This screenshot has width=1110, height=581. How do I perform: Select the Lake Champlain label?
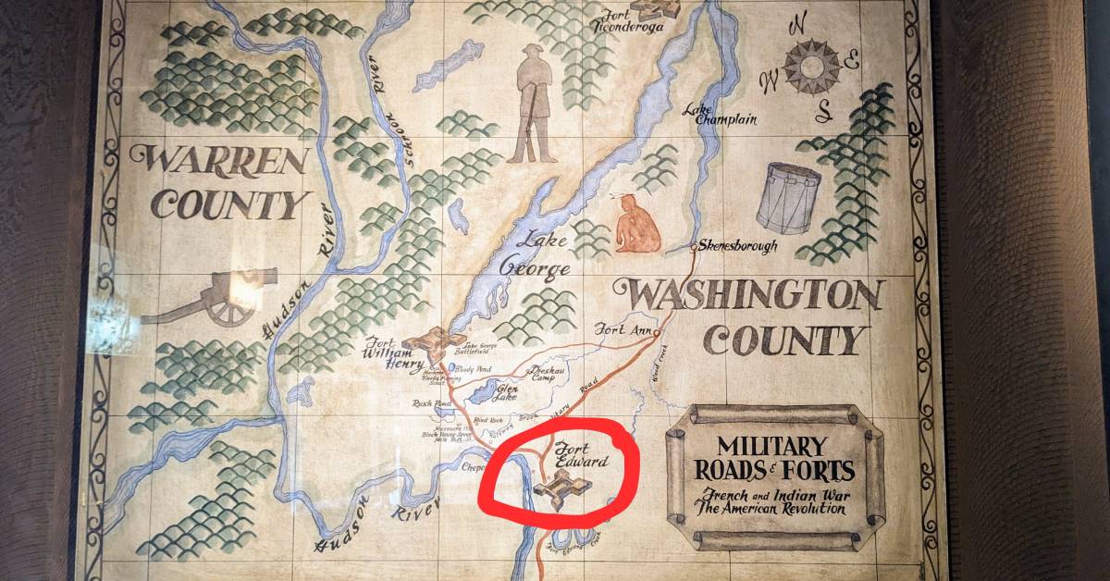coord(720,114)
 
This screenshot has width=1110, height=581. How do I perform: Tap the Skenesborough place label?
coord(737,247)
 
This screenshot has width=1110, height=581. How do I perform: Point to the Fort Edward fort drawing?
coord(561,485)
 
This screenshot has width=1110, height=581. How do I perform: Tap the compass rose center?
coord(811,66)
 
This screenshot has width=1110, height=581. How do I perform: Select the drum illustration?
coord(788,197)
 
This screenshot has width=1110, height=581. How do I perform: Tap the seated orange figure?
coord(637,227)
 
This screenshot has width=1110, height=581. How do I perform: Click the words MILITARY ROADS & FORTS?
coord(774,457)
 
